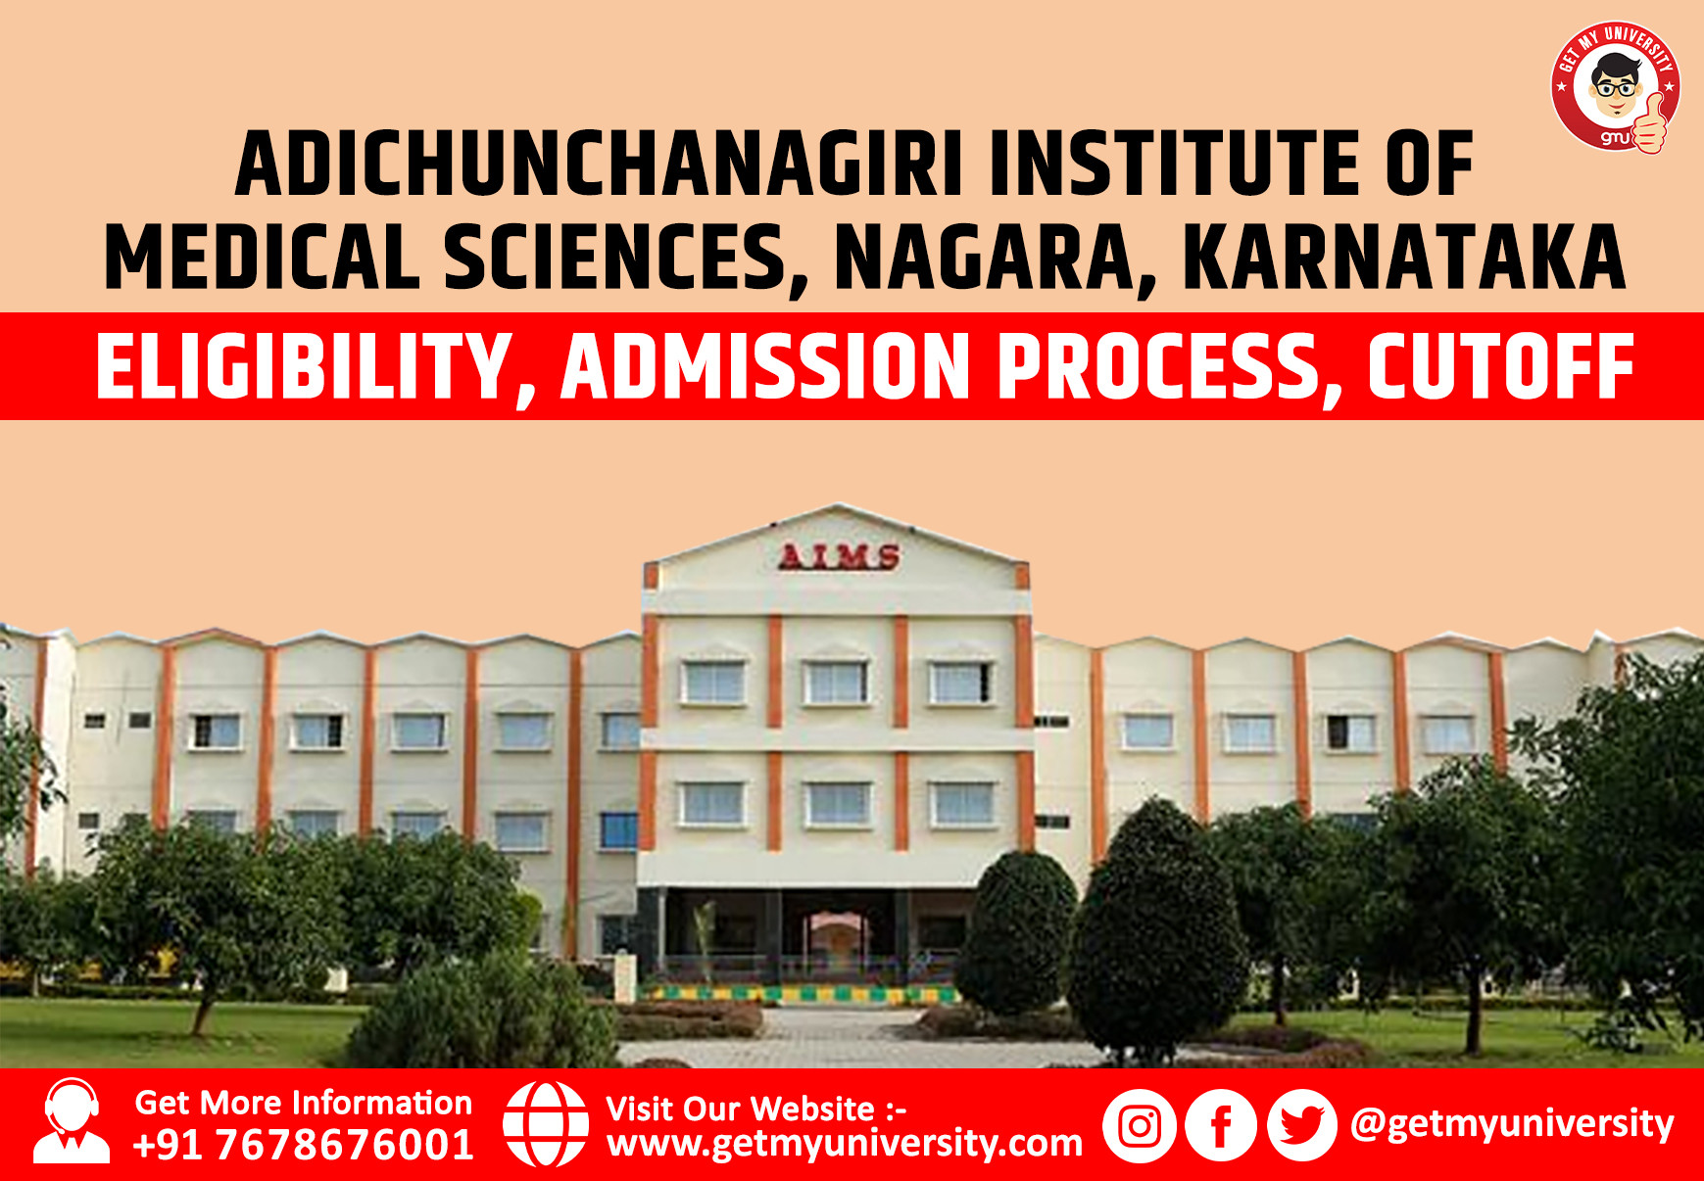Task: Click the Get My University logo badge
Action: [x=1615, y=87]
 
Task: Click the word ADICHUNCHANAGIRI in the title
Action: [x=600, y=165]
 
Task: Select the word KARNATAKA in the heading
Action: [x=1404, y=259]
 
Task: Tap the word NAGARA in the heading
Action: [x=995, y=259]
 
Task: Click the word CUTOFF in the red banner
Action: [x=1500, y=368]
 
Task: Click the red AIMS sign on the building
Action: [x=839, y=557]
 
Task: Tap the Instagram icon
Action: [x=1139, y=1126]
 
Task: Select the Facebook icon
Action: [x=1220, y=1126]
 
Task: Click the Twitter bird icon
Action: [x=1301, y=1126]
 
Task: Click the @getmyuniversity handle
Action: [x=1512, y=1123]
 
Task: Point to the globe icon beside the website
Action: [x=546, y=1124]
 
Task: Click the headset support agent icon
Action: [x=72, y=1122]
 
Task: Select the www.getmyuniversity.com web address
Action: [x=845, y=1143]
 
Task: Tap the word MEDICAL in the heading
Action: [x=262, y=259]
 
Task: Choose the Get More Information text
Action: [x=304, y=1103]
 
